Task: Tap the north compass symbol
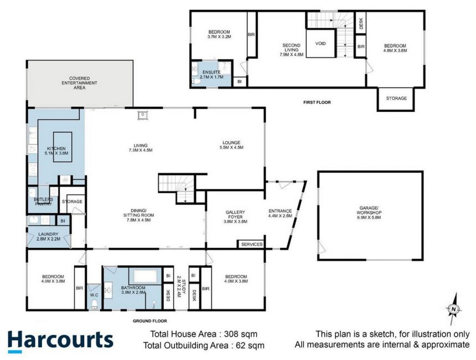tap(453, 309)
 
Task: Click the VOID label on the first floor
tap(320, 43)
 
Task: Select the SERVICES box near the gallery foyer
tap(252, 244)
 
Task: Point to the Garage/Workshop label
tap(369, 213)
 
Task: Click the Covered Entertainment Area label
tap(79, 83)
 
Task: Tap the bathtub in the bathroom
tap(145, 276)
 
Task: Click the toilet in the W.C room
tap(94, 304)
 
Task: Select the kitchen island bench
tap(63, 147)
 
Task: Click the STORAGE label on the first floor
tap(396, 98)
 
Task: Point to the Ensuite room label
tap(211, 74)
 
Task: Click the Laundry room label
tap(49, 236)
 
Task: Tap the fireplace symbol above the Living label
tap(142, 115)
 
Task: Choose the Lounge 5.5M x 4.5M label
tap(231, 145)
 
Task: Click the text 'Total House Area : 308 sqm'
tap(204, 334)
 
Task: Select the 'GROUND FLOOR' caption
tap(150, 321)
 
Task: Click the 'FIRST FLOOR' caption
tap(317, 102)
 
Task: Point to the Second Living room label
tap(292, 50)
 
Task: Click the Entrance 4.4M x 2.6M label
tap(280, 213)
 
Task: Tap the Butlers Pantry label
tap(43, 202)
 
